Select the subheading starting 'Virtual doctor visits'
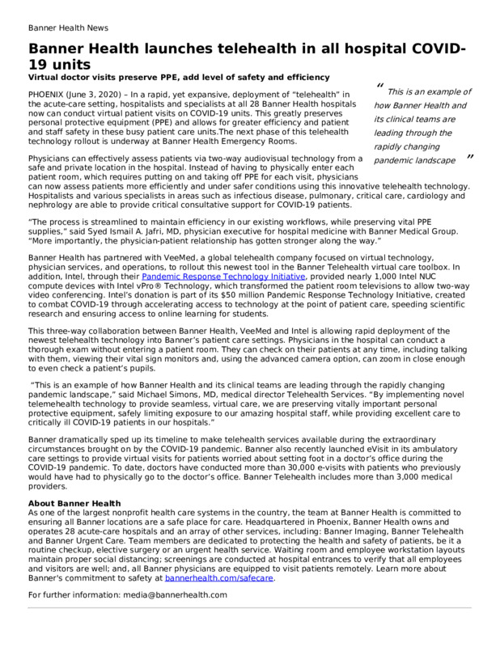pos(179,77)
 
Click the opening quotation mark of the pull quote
pos(379,87)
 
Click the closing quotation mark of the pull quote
pos(469,156)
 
